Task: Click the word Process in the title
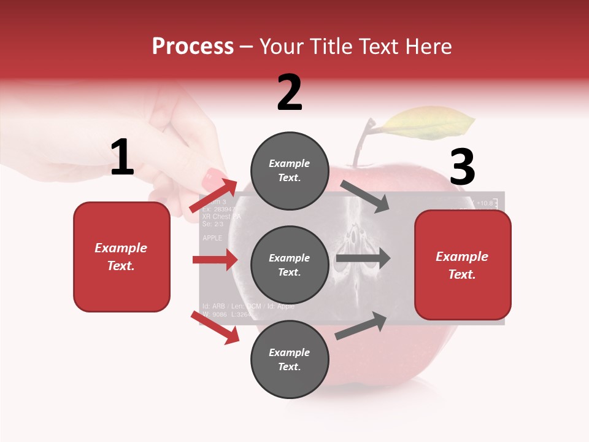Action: pos(193,47)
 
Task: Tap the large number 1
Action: pos(122,158)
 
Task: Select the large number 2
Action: pos(290,93)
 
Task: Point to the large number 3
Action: pos(462,167)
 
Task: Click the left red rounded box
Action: pos(121,257)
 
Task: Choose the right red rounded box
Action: pos(463,265)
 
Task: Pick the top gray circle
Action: pos(290,171)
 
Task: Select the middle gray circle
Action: pos(290,265)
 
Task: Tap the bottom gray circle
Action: pos(290,360)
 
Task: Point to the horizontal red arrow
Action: pos(215,260)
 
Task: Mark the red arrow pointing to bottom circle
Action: pos(215,327)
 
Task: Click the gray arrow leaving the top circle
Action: pos(365,196)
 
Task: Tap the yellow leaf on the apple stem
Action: pos(429,122)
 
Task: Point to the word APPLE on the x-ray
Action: pos(213,237)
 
